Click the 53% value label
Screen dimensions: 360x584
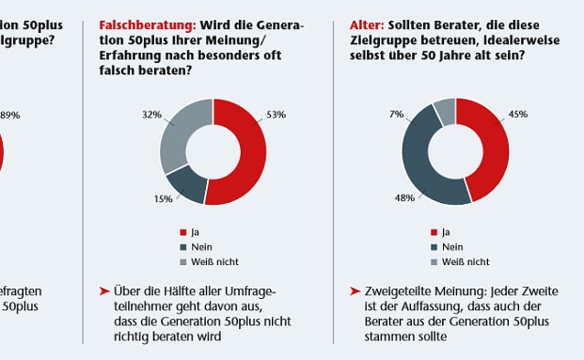click(276, 115)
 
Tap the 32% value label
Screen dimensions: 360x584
click(150, 115)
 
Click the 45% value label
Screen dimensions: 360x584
click(518, 115)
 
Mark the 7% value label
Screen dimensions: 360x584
click(397, 115)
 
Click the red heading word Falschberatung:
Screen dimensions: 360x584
click(142, 26)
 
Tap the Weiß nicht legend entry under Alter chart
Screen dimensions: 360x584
click(460, 262)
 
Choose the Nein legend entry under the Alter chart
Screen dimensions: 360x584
click(452, 246)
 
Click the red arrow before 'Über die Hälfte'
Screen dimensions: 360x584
click(104, 292)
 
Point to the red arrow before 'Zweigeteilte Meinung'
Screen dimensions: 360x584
click(355, 292)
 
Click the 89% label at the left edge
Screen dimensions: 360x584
click(9, 115)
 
